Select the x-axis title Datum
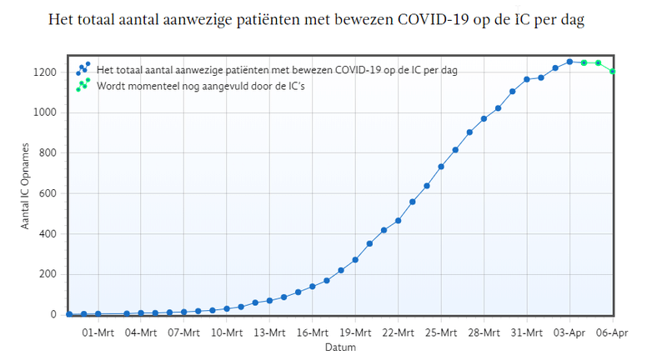[x=340, y=347]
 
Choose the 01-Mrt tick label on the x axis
[x=98, y=332]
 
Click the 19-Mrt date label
[x=355, y=332]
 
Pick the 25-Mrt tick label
[x=441, y=332]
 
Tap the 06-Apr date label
[x=613, y=332]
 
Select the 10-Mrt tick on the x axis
[x=227, y=332]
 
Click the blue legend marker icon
[x=83, y=69]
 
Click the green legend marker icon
[x=83, y=85]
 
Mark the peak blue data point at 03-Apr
[x=569, y=62]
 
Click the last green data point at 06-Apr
[x=613, y=72]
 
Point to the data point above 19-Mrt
[x=355, y=260]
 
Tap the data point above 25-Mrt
[x=441, y=167]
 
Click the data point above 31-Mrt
[x=527, y=79]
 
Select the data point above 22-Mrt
[x=398, y=221]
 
